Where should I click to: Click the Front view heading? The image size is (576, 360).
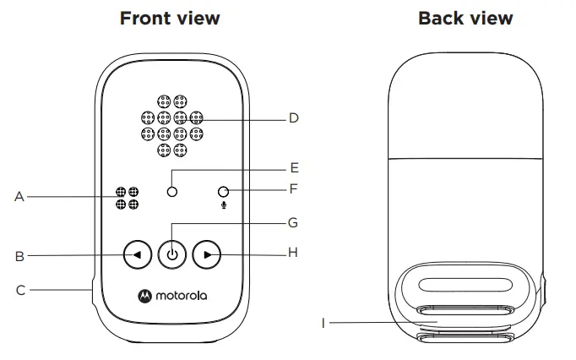coord(171,18)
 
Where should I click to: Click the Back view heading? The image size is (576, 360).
coord(465,18)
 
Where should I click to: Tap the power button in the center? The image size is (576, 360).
coord(172,253)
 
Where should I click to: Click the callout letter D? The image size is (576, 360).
coord(294,118)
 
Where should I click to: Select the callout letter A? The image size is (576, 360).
coord(19,197)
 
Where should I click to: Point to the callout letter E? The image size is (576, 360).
coord(294,168)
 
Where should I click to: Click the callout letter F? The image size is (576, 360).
coord(294,188)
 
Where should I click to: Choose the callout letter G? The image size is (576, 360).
coord(294,223)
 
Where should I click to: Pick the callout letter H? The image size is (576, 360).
coord(294,252)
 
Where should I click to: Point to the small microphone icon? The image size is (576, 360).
coord(223,205)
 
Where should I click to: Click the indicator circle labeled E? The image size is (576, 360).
coord(171,192)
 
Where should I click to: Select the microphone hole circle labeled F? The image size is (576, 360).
coord(223,192)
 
